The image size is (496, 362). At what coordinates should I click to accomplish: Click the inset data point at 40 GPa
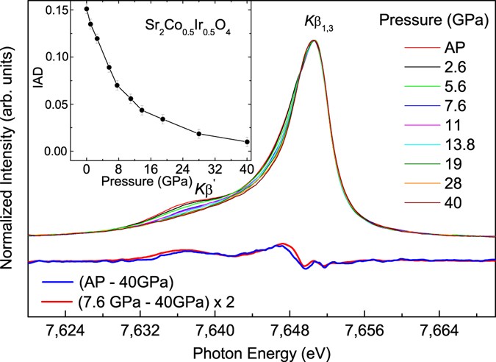247,142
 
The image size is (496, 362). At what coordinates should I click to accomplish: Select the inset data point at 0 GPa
87,10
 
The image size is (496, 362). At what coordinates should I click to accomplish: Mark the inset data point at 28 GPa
199,133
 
